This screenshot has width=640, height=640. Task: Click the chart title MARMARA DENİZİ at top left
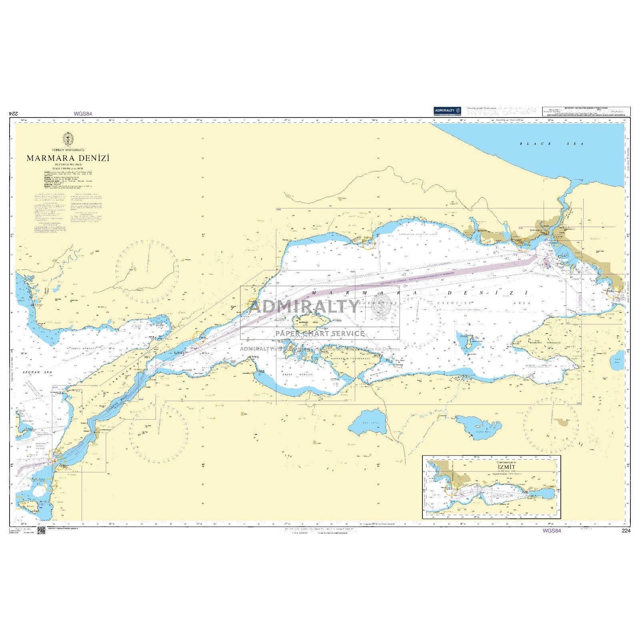pos(68,158)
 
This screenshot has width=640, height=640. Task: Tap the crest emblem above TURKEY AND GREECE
pos(68,139)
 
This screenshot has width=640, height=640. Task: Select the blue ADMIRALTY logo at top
pos(447,111)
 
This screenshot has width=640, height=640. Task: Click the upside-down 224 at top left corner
pos(14,114)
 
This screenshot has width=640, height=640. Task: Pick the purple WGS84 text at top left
pos(83,114)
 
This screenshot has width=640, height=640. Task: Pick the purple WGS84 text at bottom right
pos(552,531)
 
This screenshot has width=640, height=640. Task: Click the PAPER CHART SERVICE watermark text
pos(320,333)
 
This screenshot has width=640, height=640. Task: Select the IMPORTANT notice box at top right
pos(586,112)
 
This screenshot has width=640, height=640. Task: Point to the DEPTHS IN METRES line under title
pos(68,164)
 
